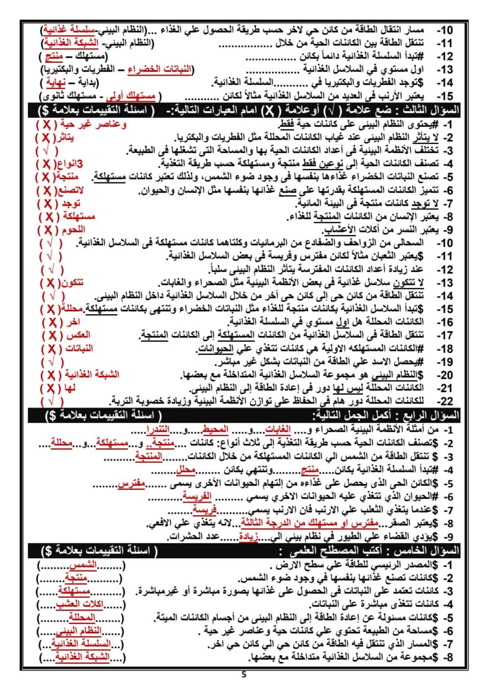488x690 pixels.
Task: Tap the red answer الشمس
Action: (90, 566)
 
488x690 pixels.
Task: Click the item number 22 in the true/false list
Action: (448, 401)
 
